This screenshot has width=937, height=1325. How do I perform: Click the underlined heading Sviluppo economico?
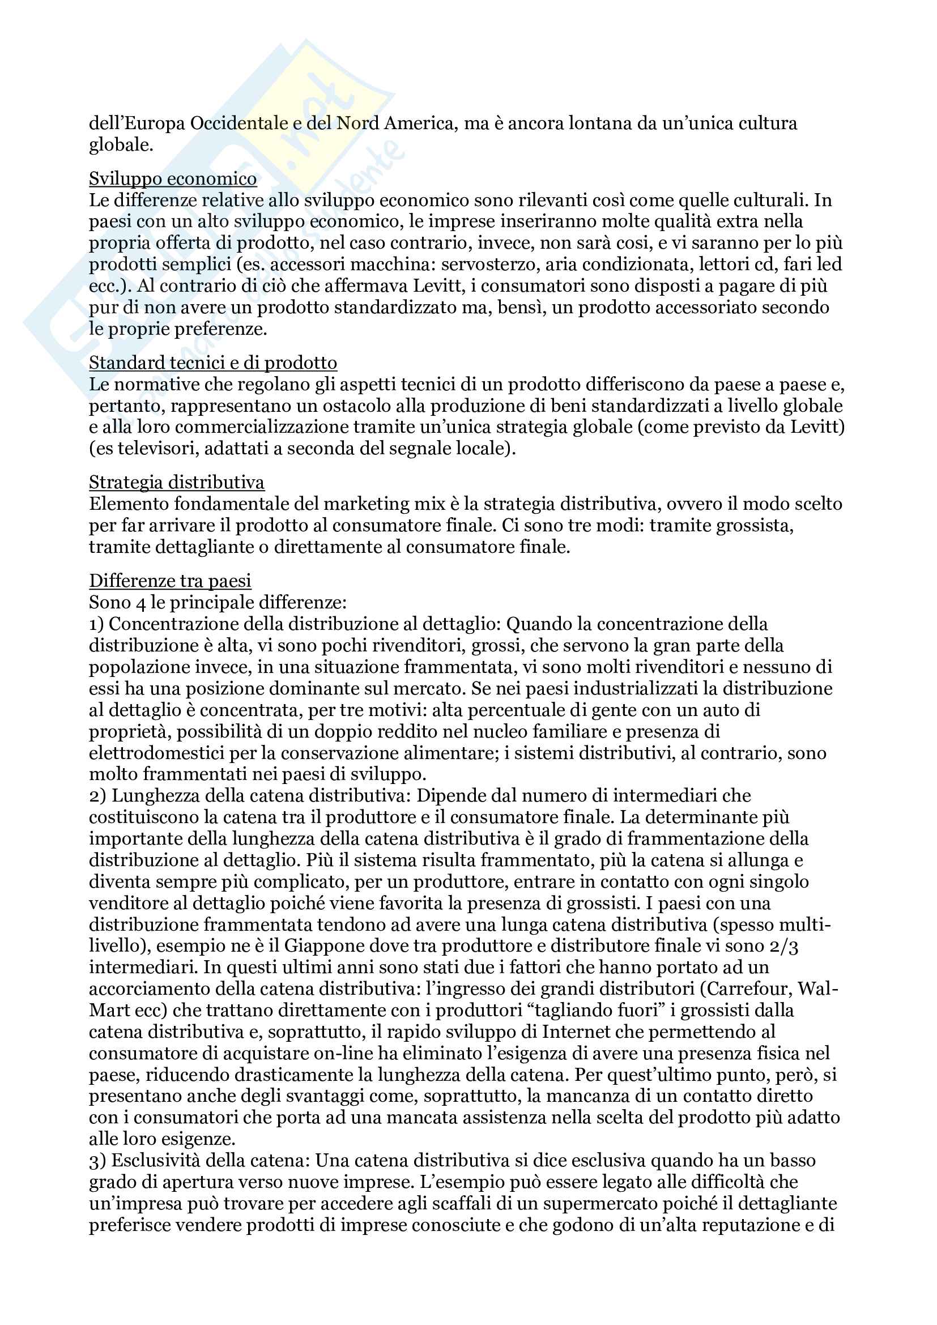[173, 179]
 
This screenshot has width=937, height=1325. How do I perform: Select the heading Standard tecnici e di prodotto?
[213, 363]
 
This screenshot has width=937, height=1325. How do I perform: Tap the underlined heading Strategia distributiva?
[177, 483]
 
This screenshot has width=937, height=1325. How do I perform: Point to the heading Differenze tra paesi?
[170, 581]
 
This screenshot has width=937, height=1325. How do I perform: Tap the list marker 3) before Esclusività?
[97, 1161]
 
